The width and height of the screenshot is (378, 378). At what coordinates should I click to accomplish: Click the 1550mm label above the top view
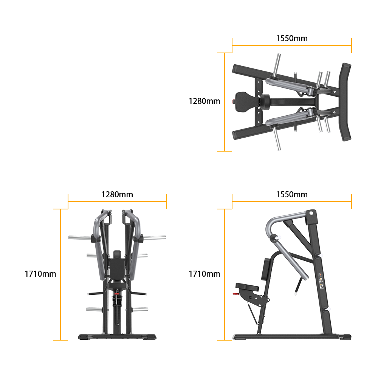292,38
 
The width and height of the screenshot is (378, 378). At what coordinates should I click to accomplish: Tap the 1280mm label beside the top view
204,101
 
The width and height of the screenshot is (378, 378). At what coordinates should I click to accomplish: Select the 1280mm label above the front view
117,195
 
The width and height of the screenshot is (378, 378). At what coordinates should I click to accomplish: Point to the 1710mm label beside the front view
40,274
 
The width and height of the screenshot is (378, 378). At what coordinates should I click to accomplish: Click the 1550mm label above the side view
292,195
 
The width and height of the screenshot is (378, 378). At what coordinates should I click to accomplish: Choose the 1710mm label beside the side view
204,274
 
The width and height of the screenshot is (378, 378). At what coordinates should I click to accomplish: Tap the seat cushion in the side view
247,287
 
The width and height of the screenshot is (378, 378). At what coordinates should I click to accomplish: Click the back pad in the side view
266,269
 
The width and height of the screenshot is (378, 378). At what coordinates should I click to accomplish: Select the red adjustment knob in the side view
235,294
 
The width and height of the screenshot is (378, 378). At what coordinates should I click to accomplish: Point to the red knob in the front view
117,294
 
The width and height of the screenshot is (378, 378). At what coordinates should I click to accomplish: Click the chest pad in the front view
117,268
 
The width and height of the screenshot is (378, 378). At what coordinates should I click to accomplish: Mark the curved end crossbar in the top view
345,102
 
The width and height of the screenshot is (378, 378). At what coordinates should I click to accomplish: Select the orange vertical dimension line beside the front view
60,274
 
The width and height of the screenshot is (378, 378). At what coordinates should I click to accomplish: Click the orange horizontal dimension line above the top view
292,45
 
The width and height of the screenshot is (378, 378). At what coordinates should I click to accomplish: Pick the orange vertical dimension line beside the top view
225,102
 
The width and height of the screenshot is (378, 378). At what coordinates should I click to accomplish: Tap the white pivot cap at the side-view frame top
311,213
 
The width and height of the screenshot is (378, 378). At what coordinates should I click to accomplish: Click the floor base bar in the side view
292,336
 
